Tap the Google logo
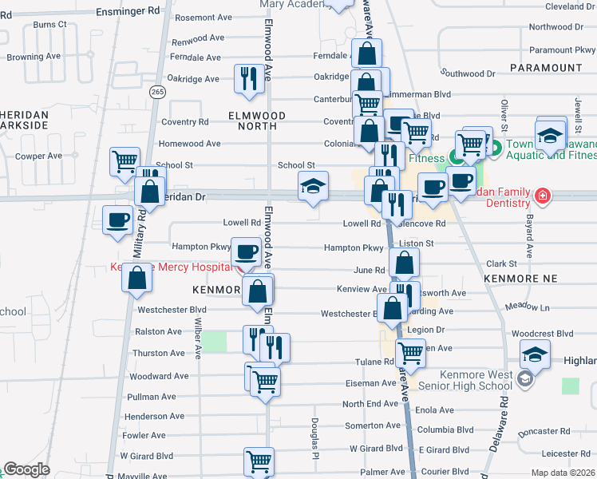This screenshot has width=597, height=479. (26, 469)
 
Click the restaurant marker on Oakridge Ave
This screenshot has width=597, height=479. (248, 79)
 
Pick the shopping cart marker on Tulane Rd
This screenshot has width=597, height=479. (410, 350)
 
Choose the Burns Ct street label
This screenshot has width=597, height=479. (50, 25)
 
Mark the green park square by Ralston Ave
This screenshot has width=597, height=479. (214, 341)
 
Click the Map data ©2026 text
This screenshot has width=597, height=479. (563, 473)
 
